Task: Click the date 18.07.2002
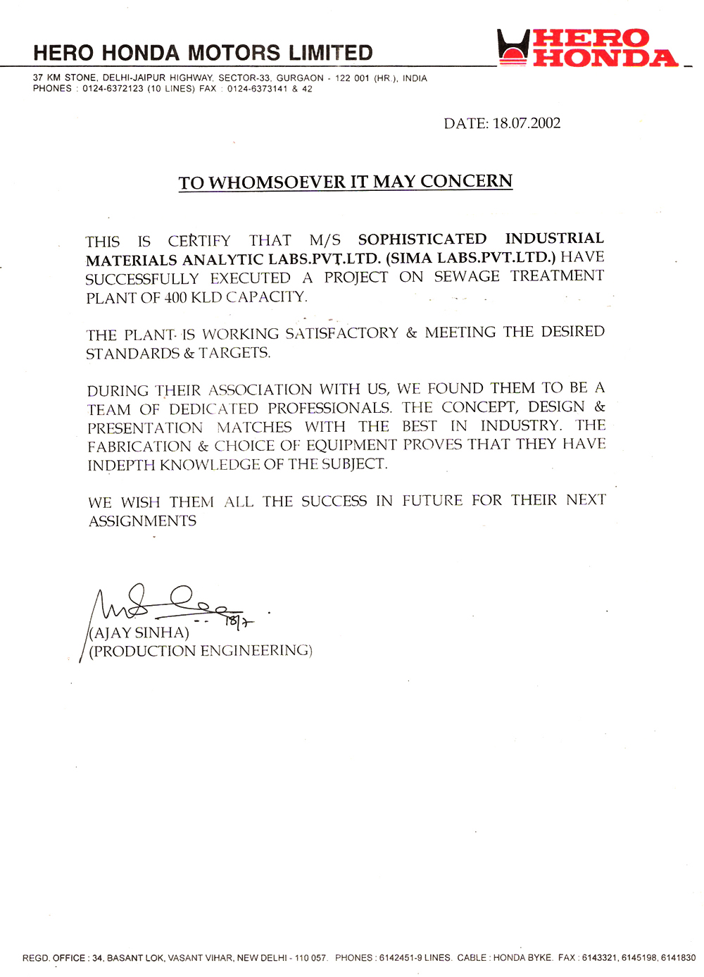tap(527, 123)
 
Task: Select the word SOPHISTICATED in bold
tap(422, 239)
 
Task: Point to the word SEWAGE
tap(467, 276)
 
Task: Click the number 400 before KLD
tap(176, 297)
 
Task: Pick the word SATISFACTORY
tap(341, 333)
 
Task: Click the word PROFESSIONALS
tap(329, 408)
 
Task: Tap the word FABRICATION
tap(139, 447)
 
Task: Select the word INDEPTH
tap(121, 465)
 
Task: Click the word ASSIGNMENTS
tap(142, 521)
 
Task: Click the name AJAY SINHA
tap(139, 633)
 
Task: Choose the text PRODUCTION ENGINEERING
tap(201, 651)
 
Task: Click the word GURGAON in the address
tap(300, 78)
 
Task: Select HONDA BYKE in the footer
tap(522, 958)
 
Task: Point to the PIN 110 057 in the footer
tap(310, 958)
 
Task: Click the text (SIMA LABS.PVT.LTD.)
tap(471, 258)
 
